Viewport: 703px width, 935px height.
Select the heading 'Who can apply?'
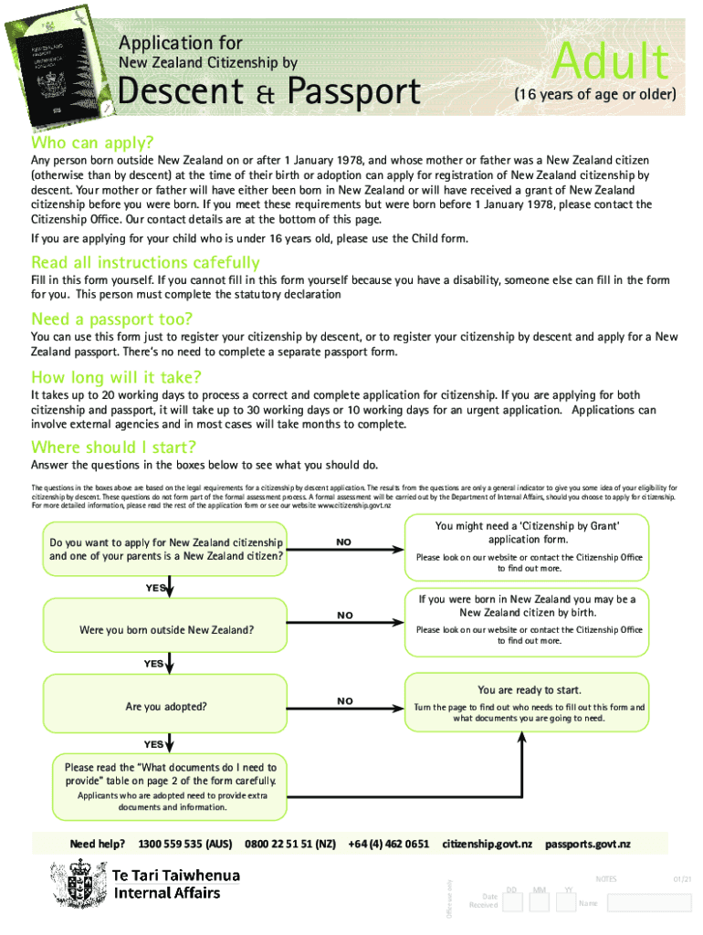point(92,143)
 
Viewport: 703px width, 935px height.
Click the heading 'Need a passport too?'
point(111,319)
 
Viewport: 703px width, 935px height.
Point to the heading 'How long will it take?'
point(116,377)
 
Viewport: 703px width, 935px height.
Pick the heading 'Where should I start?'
point(113,446)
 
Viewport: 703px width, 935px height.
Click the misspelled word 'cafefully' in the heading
point(215,263)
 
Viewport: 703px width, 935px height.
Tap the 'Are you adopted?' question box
point(165,707)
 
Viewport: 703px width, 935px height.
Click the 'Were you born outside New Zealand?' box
point(165,630)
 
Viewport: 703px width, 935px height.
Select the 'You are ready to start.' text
point(529,690)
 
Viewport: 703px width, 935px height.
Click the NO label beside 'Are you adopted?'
point(344,701)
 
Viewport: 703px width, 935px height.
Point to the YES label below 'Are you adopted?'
point(152,744)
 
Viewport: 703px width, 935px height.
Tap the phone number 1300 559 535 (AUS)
point(184,844)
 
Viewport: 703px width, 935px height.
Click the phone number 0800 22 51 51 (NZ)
point(289,844)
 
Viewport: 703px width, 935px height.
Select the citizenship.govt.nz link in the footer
point(487,844)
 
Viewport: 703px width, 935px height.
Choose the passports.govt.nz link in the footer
point(587,844)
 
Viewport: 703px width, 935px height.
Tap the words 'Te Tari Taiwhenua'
point(175,876)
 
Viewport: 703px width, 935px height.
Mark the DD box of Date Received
point(512,903)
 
